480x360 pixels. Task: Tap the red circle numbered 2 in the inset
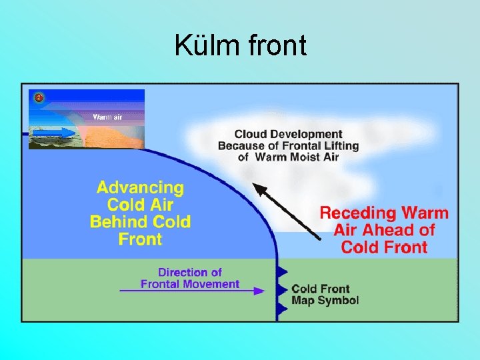[39, 98]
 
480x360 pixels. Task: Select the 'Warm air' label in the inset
[107, 117]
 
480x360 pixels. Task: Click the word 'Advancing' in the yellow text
[140, 188]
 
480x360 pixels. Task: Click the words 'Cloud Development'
[288, 135]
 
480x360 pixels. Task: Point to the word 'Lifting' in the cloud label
[341, 146]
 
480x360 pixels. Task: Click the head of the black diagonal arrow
[257, 189]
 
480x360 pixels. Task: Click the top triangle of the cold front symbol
[282, 271]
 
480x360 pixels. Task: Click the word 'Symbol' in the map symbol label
[339, 301]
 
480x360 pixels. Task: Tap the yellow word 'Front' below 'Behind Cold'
[140, 238]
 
